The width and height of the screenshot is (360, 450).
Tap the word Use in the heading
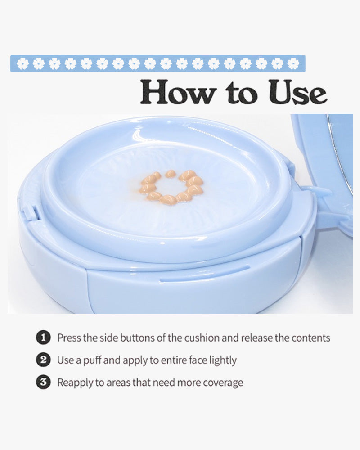297,92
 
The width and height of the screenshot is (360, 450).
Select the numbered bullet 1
43,337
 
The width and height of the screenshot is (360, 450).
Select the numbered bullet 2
43,360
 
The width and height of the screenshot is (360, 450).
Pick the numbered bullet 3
43,382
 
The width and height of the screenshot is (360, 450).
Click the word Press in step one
69,338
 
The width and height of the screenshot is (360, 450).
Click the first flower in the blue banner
22,64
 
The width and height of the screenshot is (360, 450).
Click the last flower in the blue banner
293,64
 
